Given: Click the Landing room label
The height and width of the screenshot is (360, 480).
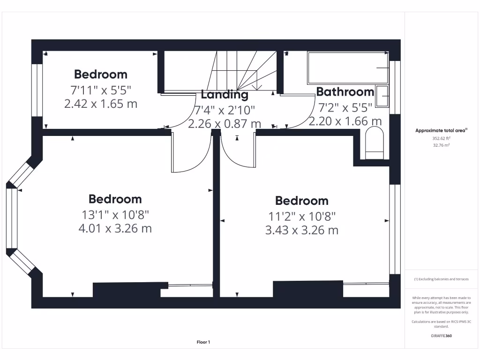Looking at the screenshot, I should coord(225,94).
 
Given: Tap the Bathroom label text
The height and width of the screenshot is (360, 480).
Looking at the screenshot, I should coord(345,91).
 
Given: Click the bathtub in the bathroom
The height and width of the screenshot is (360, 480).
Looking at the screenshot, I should coord(347,68).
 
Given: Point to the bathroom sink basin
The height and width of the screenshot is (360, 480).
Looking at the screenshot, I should coord(382,97).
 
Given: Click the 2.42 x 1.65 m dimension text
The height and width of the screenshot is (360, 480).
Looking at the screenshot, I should coord(101,104).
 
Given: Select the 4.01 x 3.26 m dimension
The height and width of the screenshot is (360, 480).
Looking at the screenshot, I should coord(115,228).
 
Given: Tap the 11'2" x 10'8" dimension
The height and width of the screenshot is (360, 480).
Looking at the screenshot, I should coord(302,216).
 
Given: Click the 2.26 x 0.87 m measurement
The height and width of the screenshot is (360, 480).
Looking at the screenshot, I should coord(225,124).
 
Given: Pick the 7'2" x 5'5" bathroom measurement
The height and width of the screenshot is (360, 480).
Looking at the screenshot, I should coord(345,107).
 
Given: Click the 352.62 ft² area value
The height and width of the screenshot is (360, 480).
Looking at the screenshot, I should coord(441,138).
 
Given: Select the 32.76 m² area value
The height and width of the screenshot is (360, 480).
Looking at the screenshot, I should coord(441,145).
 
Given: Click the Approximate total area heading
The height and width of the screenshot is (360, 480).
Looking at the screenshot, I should coord(441,131).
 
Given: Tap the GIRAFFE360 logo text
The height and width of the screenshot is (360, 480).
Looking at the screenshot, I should coord(441,336).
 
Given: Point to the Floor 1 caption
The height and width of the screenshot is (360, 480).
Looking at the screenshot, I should coord(203,342).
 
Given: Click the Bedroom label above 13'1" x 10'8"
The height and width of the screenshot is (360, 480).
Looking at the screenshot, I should coord(115,199).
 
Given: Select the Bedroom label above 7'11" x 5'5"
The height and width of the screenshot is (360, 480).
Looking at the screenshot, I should coord(101,74).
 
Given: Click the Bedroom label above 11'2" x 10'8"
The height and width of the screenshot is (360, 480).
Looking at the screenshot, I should coord(302,201).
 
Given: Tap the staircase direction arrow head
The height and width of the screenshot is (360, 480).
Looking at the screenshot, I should coord(256,88).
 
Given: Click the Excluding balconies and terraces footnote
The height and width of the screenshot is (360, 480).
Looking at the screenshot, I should coord(441,279).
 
